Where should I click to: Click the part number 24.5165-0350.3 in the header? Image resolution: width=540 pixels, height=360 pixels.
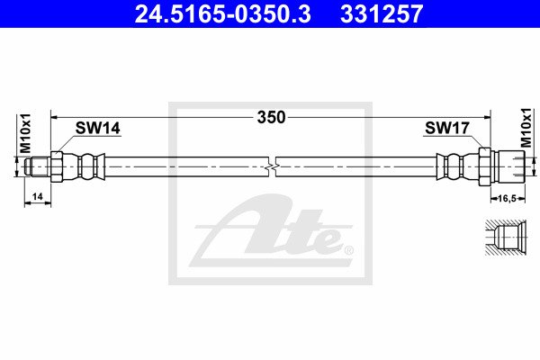click(223, 14)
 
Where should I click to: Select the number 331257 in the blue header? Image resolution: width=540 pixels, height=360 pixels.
click(382, 14)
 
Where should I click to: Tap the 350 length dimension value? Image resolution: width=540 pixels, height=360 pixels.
click(272, 118)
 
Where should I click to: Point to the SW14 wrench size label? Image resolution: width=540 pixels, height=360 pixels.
click(98, 128)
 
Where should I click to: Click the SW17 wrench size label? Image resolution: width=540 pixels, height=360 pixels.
click(446, 128)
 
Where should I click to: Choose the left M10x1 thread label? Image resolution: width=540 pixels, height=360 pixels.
click(26, 133)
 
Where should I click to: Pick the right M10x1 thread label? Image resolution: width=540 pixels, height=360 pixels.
click(526, 128)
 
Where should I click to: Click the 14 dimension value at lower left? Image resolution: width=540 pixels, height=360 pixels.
click(37, 196)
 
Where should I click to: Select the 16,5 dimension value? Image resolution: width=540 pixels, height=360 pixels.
click(508, 198)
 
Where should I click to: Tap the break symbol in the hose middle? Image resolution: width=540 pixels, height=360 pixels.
click(272, 166)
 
